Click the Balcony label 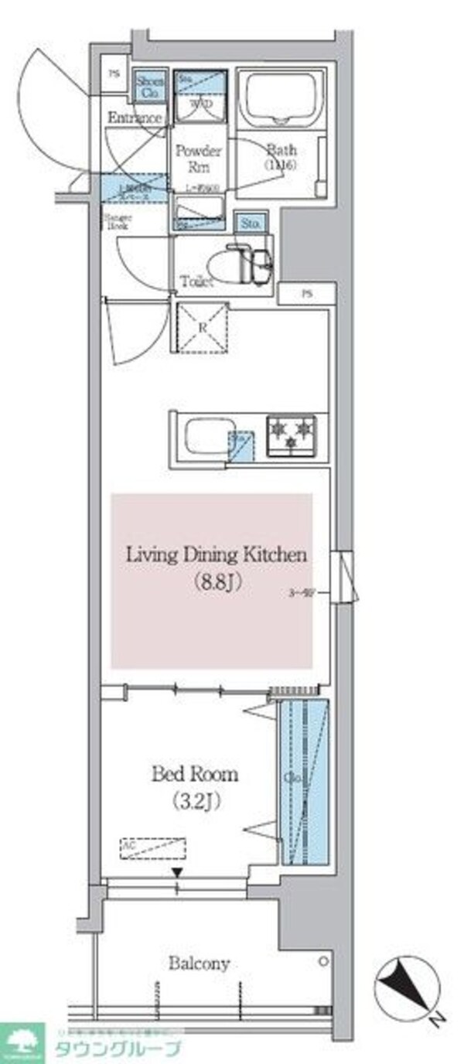(x=200, y=963)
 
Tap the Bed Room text (x=195, y=774)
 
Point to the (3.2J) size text (x=196, y=802)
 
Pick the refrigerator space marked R (x=203, y=328)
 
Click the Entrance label (x=135, y=118)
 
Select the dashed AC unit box (x=153, y=849)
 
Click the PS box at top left (x=114, y=75)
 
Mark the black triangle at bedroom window (x=178, y=873)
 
